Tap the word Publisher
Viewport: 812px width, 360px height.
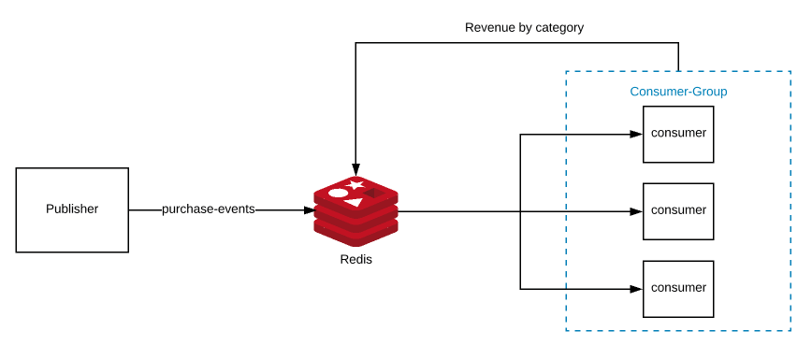click(x=72, y=209)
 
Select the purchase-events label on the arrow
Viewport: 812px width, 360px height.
click(x=208, y=209)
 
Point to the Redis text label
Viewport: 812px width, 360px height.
click(x=355, y=259)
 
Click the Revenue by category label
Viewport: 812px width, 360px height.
click(x=524, y=28)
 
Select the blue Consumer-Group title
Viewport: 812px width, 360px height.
click(x=678, y=92)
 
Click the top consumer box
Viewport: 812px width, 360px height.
click(x=678, y=134)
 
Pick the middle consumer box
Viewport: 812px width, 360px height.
click(x=678, y=210)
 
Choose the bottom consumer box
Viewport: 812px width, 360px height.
click(x=678, y=289)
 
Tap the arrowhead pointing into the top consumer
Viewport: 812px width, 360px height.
click(x=637, y=134)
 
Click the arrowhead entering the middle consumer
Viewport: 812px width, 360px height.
click(x=637, y=210)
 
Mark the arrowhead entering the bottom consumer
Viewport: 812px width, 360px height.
click(x=637, y=289)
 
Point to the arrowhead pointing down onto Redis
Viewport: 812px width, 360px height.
click(x=355, y=168)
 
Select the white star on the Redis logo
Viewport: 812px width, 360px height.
click(x=356, y=183)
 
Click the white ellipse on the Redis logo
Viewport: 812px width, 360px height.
click(x=339, y=194)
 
